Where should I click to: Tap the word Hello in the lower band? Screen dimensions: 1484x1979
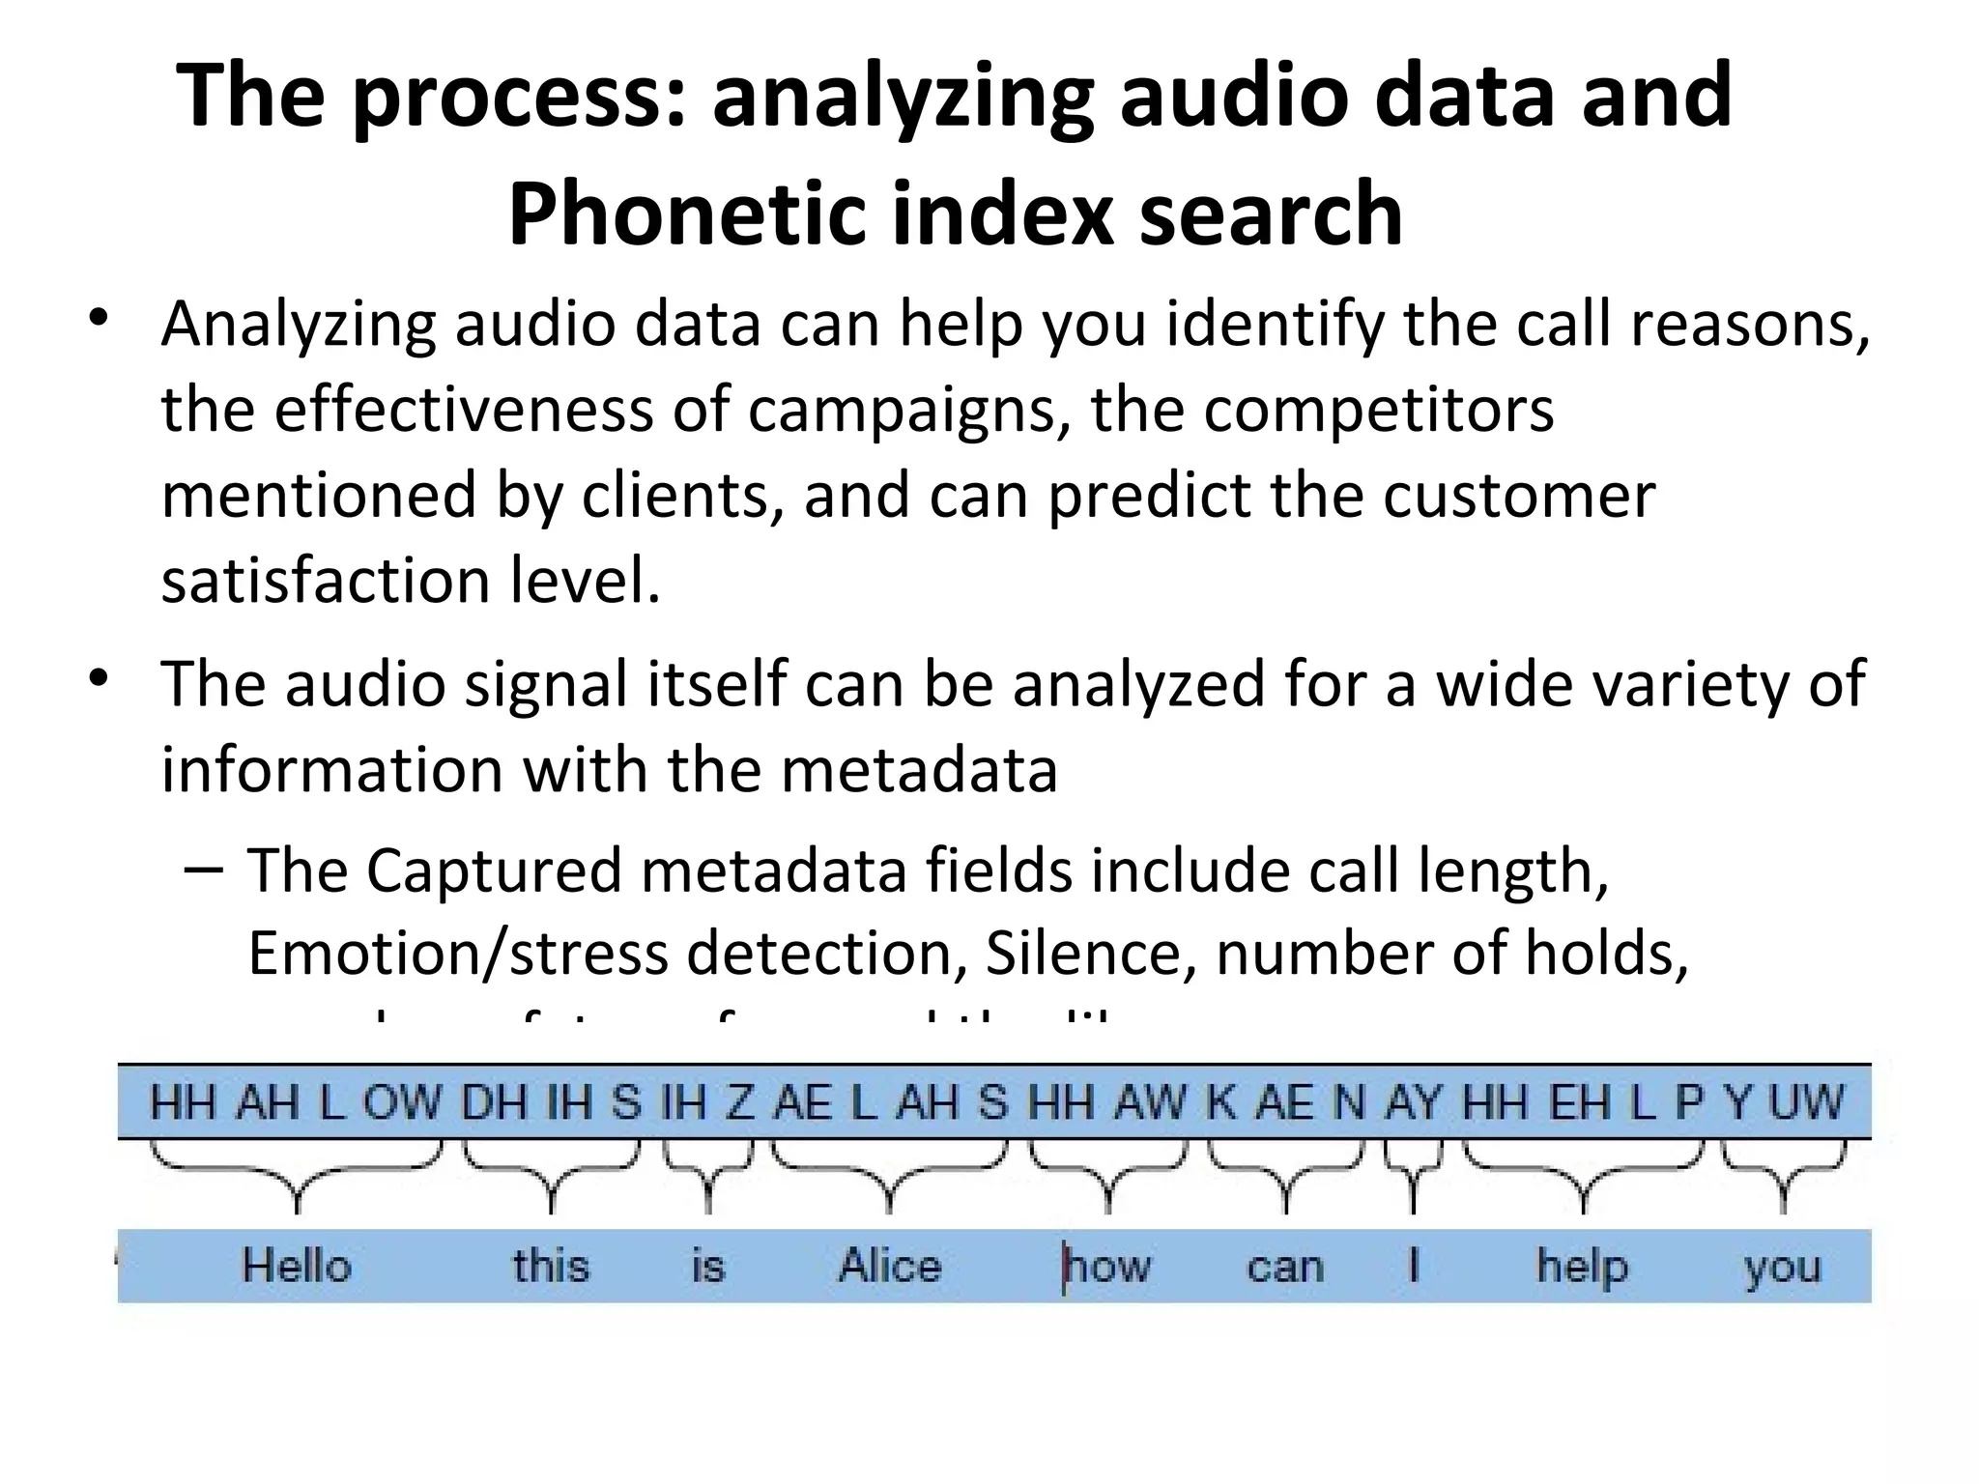tap(296, 1266)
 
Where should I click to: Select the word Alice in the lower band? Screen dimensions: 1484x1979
tap(889, 1266)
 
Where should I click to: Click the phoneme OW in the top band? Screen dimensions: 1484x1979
tap(401, 1102)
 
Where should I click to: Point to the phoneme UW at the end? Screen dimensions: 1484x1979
tap(1806, 1102)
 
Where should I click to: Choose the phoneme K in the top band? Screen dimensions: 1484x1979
tap(1221, 1102)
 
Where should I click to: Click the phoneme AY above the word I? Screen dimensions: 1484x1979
tap(1412, 1102)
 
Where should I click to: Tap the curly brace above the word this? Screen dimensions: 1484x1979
tap(551, 1174)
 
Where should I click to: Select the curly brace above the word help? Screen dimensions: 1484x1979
tap(1582, 1174)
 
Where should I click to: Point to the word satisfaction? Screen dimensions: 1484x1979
tap(325, 581)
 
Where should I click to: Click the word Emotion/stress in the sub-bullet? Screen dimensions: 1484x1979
tap(457, 954)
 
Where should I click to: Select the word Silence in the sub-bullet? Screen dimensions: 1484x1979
tap(1083, 954)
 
